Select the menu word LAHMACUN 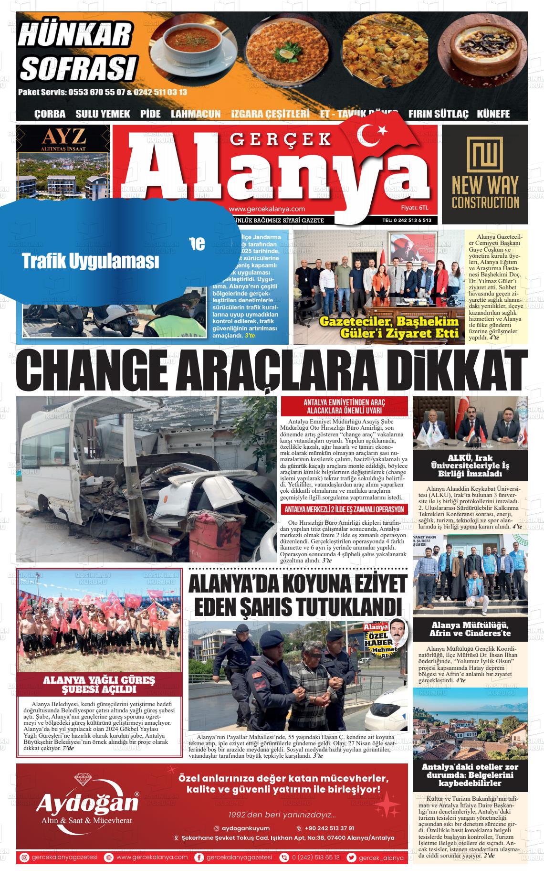point(196,114)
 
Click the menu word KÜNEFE point(493,114)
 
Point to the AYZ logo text point(64,137)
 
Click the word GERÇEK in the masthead point(281,139)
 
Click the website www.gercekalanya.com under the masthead point(267,209)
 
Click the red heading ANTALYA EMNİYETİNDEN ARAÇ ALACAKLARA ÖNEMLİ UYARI point(345,406)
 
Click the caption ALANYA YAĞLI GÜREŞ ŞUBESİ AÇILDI point(99,684)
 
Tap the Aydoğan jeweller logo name point(87,802)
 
